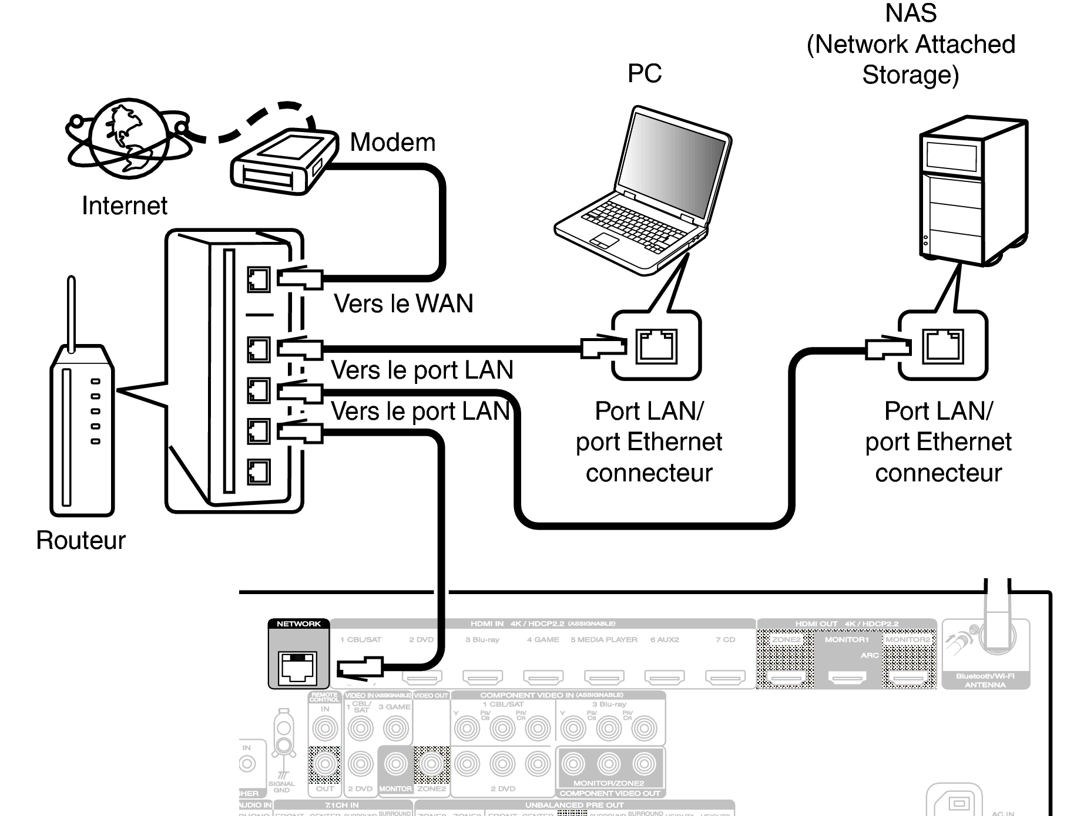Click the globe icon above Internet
(x=128, y=139)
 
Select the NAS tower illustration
(x=972, y=191)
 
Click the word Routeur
(x=81, y=540)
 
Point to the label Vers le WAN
(x=403, y=304)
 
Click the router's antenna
(x=71, y=314)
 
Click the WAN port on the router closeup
(x=259, y=279)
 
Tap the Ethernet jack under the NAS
(x=943, y=346)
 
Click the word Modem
(x=392, y=143)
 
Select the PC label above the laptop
(x=645, y=74)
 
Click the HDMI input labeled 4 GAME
(x=543, y=677)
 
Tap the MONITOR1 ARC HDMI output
(x=847, y=677)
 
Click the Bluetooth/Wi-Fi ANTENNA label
(x=985, y=680)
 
